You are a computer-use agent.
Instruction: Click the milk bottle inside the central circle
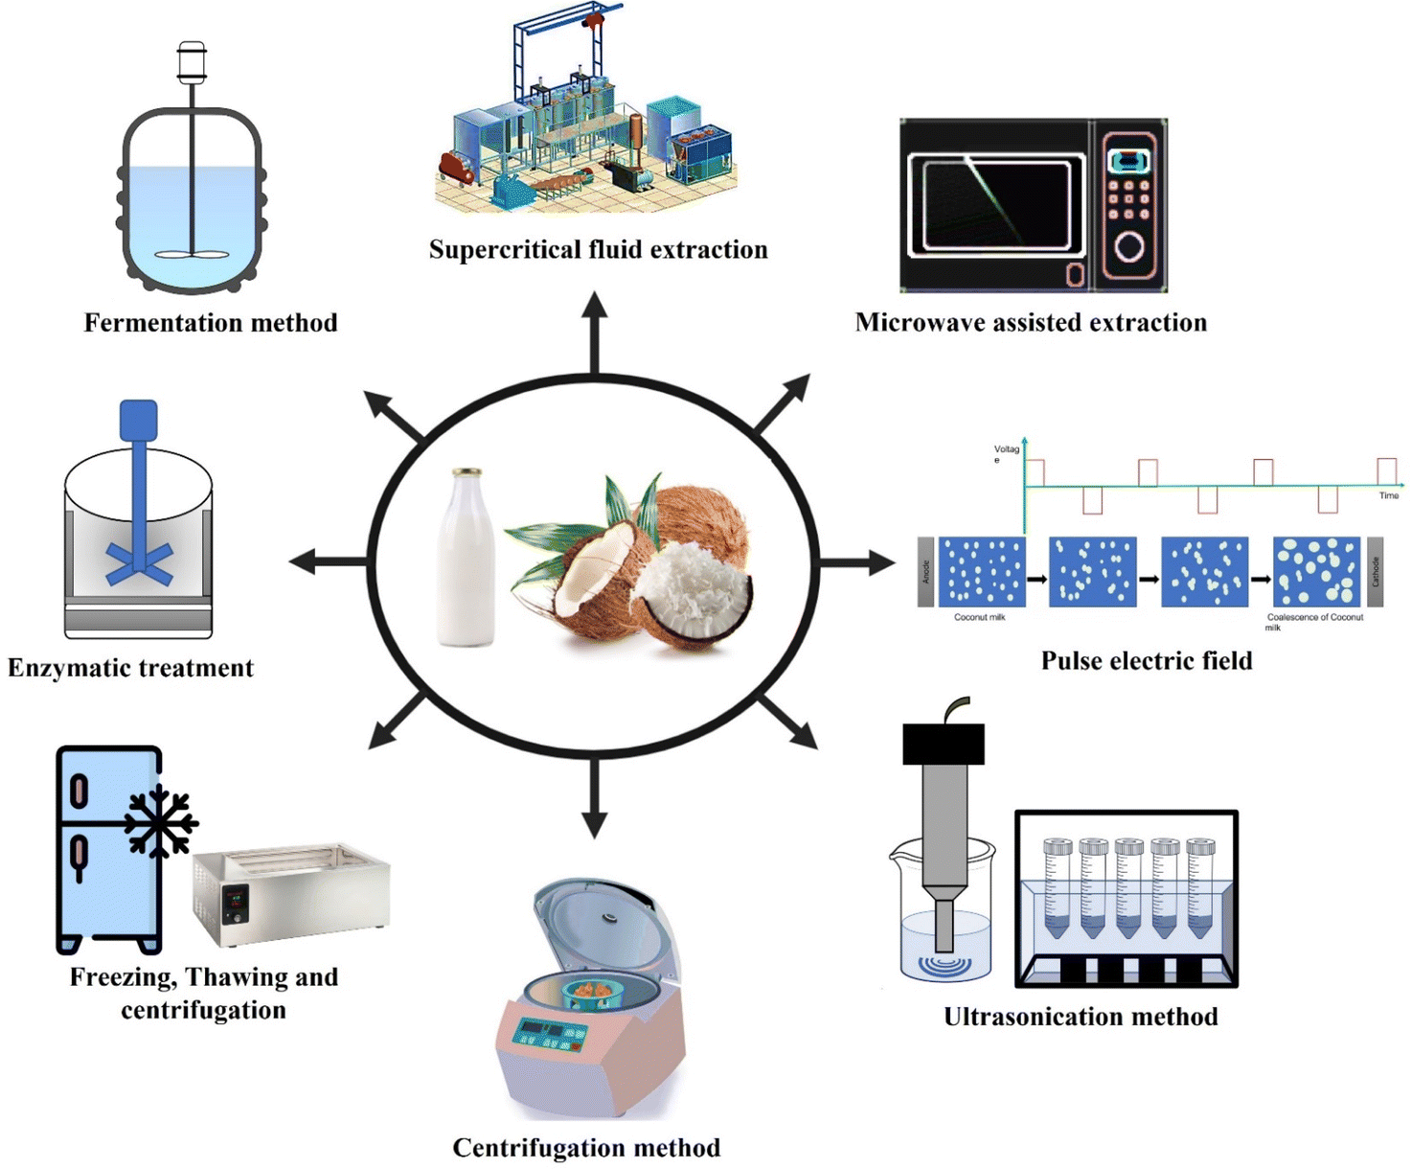[467, 561]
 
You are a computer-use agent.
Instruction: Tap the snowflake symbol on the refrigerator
[160, 822]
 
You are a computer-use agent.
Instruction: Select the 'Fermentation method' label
[211, 323]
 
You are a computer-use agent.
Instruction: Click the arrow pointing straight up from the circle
[595, 331]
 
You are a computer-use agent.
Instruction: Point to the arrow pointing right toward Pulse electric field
[857, 562]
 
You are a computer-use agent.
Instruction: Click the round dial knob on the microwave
[1129, 247]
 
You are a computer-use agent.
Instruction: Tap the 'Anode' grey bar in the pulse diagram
[925, 572]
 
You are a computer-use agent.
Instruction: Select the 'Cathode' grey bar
[1375, 572]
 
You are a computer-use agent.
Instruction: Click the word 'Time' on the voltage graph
[1388, 495]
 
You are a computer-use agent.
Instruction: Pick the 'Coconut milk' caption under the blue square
[979, 618]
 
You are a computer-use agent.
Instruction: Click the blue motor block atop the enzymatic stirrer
[138, 421]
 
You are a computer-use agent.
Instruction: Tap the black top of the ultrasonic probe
[944, 744]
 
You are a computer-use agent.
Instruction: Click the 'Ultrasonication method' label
[1081, 1017]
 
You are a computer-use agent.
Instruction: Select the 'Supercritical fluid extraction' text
[598, 250]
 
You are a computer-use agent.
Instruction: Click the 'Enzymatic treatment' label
[130, 668]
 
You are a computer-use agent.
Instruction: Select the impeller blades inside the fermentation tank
[192, 255]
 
